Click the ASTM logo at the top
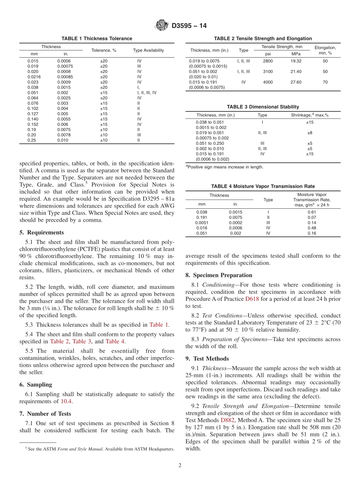(162, 26)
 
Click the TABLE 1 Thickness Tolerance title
(97, 39)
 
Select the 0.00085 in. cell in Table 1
(65, 77)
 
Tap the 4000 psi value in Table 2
(268, 82)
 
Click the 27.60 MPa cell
(296, 82)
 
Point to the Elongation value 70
(325, 82)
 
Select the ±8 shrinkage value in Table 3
(310, 133)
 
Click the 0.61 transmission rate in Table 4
(311, 212)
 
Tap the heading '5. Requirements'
(42, 233)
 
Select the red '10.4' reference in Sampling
(67, 401)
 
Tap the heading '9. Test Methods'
(207, 358)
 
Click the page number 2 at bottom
(180, 466)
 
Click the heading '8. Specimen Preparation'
(219, 275)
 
